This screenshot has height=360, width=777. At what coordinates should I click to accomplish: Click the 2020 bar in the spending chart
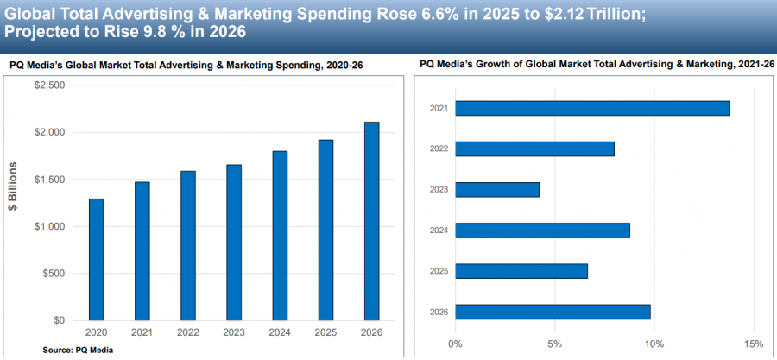(97, 259)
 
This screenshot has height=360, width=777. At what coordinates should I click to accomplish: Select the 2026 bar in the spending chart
(371, 221)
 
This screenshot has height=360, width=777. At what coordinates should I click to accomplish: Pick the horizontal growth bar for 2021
(592, 108)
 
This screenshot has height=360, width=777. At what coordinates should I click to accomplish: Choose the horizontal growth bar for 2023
(497, 189)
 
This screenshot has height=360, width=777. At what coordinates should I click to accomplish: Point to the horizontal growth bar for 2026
(553, 312)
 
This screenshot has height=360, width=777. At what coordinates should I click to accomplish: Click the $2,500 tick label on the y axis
(48, 85)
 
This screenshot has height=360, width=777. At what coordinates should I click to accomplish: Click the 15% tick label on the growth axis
(753, 343)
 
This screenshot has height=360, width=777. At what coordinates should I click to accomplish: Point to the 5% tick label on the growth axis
(554, 343)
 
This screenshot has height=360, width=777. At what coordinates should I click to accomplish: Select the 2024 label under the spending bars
(280, 333)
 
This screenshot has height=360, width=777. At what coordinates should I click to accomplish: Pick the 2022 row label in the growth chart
(439, 148)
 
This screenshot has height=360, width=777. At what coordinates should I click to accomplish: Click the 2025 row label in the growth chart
(439, 271)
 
